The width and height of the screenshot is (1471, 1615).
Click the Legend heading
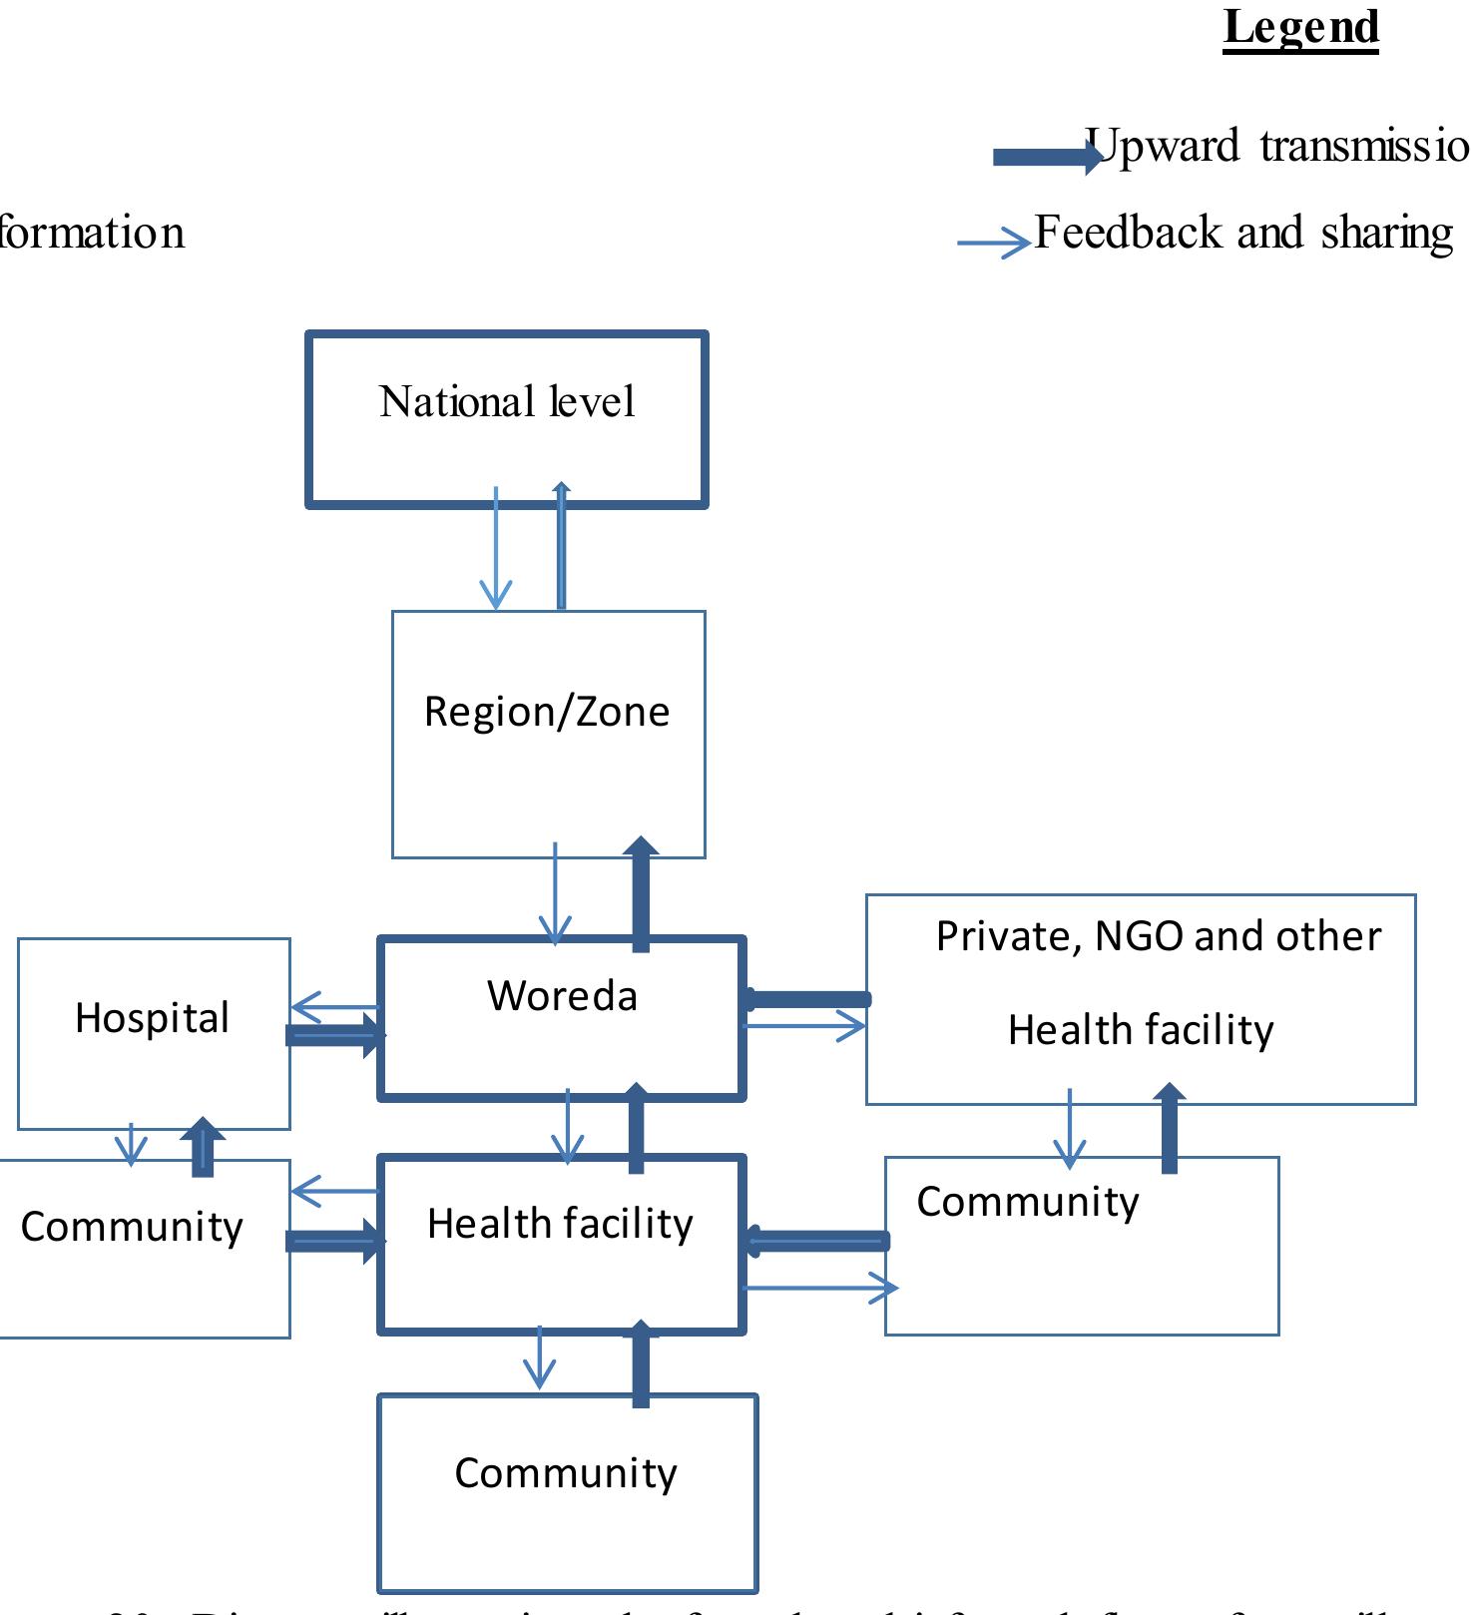click(1300, 28)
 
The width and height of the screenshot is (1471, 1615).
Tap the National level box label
click(507, 402)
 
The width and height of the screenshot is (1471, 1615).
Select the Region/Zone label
click(547, 712)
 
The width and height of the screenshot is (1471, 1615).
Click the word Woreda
click(562, 996)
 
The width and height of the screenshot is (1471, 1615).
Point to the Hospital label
click(152, 1018)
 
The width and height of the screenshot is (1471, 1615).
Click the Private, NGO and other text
click(1158, 936)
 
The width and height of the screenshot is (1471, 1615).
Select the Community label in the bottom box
click(566, 1473)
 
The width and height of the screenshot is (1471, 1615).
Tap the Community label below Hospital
click(132, 1227)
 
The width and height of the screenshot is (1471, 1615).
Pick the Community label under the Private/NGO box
click(1028, 1202)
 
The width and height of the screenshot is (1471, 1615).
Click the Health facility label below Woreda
click(560, 1224)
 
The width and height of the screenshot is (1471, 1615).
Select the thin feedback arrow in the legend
click(993, 243)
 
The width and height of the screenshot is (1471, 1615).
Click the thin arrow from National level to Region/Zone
click(496, 549)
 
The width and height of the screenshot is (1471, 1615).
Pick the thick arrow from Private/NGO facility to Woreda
click(808, 998)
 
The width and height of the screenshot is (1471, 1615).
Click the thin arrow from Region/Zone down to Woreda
click(555, 894)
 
